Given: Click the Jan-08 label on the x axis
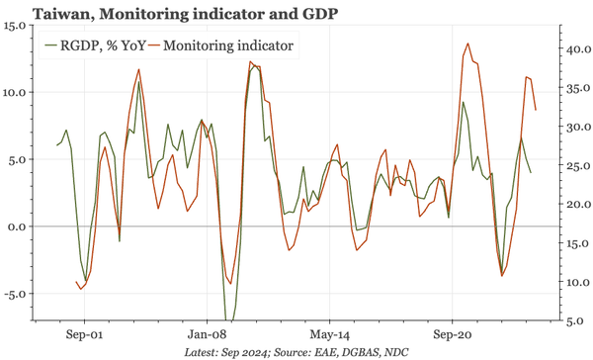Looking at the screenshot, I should [208, 335].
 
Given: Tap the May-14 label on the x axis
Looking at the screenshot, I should [329, 335].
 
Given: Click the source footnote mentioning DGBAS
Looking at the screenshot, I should [296, 352].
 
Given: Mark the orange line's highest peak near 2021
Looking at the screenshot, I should [466, 44].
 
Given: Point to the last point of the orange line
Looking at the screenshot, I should [536, 110].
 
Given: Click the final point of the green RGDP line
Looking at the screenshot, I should [531, 173].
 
